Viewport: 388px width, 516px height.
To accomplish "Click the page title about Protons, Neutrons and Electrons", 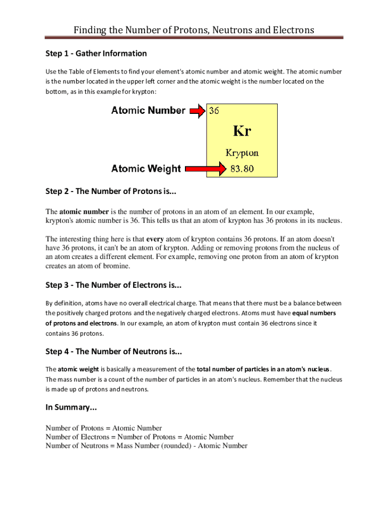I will (193, 30).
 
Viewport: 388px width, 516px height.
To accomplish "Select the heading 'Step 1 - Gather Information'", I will (96, 53).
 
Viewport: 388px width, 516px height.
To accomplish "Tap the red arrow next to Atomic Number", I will (198, 111).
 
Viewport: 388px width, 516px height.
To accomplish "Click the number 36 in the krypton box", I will (214, 111).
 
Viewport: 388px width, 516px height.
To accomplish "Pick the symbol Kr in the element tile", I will (242, 131).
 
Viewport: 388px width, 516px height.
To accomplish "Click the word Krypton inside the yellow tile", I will (242, 153).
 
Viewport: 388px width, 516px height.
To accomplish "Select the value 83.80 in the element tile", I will (242, 169).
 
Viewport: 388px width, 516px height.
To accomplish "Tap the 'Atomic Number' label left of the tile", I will (148, 110).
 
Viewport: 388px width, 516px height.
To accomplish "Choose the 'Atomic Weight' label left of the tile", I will (146, 169).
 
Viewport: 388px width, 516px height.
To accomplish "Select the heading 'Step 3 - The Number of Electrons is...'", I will (113, 285).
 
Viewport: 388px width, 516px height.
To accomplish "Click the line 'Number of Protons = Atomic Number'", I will (104, 428).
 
